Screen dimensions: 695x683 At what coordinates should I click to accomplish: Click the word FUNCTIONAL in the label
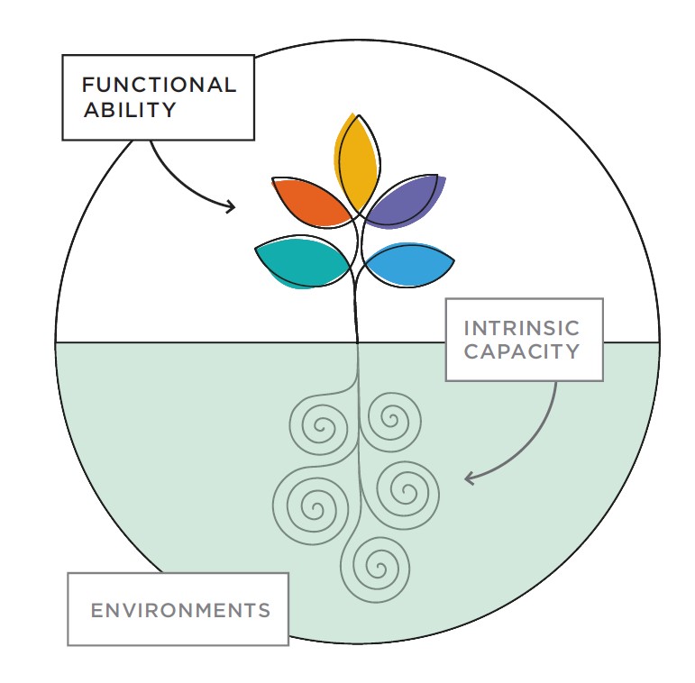[159, 85]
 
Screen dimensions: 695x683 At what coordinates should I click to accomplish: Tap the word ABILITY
[130, 110]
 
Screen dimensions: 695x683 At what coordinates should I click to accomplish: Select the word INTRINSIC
[521, 328]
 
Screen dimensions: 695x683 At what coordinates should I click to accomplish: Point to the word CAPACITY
[522, 351]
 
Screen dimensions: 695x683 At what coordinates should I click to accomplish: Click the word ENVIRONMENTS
[180, 610]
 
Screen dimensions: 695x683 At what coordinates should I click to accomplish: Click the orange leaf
[312, 202]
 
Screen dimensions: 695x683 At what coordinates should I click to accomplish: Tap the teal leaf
[302, 261]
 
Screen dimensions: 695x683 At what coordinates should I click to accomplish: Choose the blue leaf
[408, 265]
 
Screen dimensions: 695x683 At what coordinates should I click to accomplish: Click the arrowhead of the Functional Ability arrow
[231, 206]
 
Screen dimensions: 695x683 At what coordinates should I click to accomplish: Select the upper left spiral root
[320, 425]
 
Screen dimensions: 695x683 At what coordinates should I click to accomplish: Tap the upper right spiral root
[391, 420]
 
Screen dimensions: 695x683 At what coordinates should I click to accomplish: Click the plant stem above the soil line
[355, 305]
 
